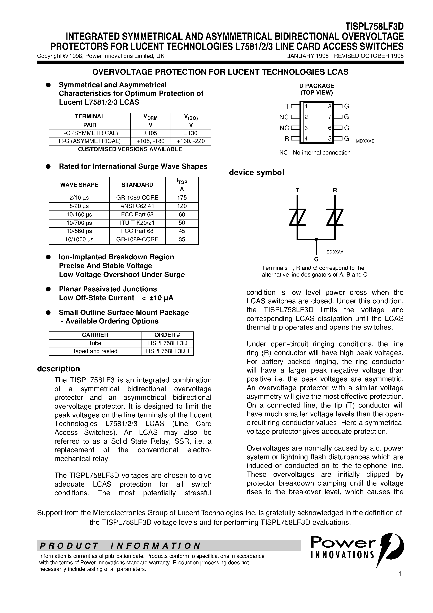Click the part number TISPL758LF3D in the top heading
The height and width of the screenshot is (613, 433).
[x=374, y=27]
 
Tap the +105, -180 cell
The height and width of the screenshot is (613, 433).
[x=150, y=141]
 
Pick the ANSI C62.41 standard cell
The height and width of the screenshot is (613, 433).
[x=137, y=206]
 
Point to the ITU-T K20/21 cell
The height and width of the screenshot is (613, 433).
[x=137, y=223]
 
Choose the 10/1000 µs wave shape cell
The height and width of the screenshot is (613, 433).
[x=79, y=239]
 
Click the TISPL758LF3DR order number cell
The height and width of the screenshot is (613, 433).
[x=167, y=351]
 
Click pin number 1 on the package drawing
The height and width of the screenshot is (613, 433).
[x=306, y=106]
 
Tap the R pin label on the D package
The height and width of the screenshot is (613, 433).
[x=287, y=139]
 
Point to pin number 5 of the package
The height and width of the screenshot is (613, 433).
[x=330, y=139]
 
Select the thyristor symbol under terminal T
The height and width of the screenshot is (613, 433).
[x=297, y=217]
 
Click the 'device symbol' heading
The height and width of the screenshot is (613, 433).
[x=256, y=173]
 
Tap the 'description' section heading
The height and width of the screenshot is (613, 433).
[x=58, y=369]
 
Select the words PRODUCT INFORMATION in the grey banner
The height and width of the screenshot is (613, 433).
[x=120, y=546]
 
